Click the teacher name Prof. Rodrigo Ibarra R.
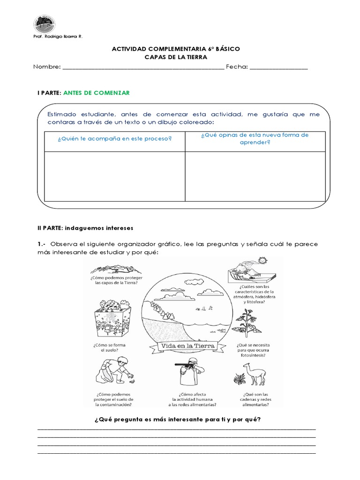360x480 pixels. click(x=58, y=37)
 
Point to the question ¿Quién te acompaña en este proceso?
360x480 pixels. click(x=114, y=139)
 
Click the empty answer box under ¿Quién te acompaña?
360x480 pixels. click(x=114, y=176)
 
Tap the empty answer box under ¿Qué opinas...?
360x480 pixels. click(x=255, y=176)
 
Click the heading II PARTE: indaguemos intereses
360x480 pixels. click(x=85, y=228)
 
